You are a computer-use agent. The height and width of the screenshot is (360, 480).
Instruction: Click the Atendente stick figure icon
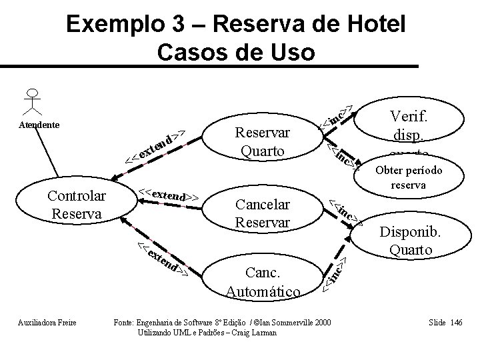31,102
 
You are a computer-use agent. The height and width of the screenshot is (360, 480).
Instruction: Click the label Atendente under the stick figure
39,125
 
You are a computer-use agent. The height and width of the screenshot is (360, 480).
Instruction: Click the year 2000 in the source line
318,323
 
